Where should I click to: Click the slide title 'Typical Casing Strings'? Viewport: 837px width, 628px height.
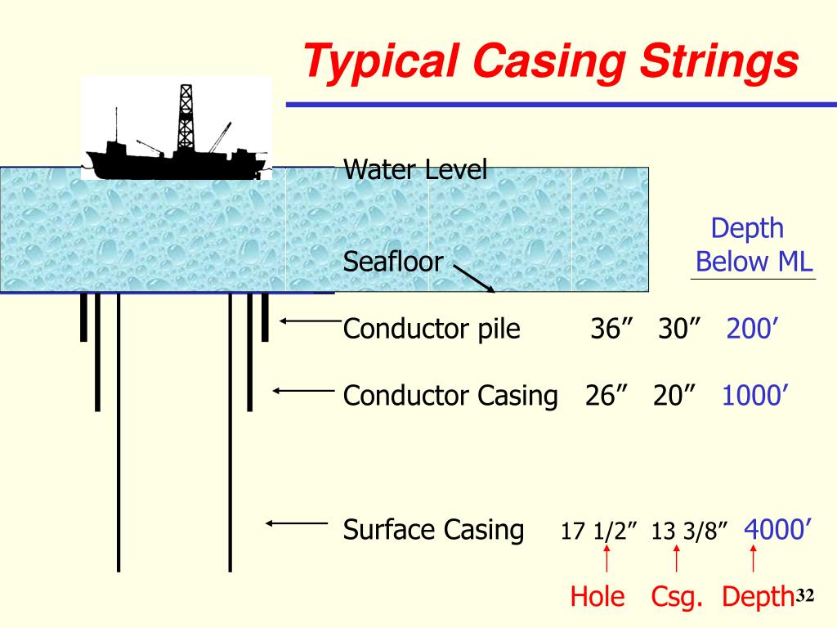tap(549, 63)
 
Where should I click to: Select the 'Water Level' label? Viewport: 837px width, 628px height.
tap(415, 170)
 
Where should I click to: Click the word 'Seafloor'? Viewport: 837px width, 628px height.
tap(392, 262)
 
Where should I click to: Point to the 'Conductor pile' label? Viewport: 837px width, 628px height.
tap(432, 330)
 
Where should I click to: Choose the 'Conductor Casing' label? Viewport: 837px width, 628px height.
tap(450, 396)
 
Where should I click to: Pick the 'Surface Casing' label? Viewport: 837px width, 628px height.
tap(433, 530)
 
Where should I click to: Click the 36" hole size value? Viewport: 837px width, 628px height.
tap(614, 330)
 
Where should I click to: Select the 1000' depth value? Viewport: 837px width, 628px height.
tap(754, 396)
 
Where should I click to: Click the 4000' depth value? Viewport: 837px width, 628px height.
tap(777, 529)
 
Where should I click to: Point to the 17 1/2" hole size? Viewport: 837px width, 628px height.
tap(598, 532)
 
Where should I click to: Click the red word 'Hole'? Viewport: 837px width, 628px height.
tap(597, 597)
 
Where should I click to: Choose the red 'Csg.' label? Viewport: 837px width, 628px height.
tap(677, 597)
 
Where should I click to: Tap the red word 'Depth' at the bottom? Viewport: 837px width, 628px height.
tap(758, 597)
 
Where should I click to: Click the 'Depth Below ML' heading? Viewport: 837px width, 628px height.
tap(752, 245)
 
